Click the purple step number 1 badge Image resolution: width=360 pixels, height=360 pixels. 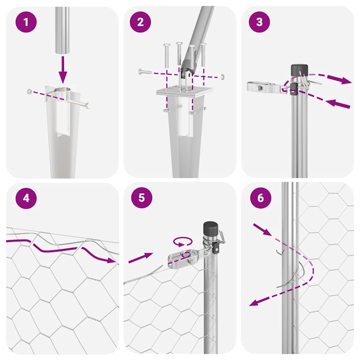pyautogui.click(x=26, y=22)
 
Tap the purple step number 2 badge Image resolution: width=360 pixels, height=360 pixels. pyautogui.click(x=141, y=22)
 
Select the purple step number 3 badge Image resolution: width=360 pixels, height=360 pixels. pyautogui.click(x=259, y=22)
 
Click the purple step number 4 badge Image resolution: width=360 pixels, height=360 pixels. pyautogui.click(x=26, y=198)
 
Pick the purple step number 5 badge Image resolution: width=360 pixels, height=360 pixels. pyautogui.click(x=141, y=198)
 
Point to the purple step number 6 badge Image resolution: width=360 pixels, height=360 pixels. pyautogui.click(x=261, y=198)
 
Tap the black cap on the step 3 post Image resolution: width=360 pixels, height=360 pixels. pyautogui.click(x=299, y=70)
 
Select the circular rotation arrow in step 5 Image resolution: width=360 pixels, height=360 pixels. pyautogui.click(x=183, y=242)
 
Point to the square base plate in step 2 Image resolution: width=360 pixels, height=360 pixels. pyautogui.click(x=185, y=90)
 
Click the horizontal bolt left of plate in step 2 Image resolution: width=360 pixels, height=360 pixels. pyautogui.click(x=145, y=72)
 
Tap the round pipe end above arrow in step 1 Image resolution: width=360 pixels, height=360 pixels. pyautogui.click(x=62, y=51)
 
